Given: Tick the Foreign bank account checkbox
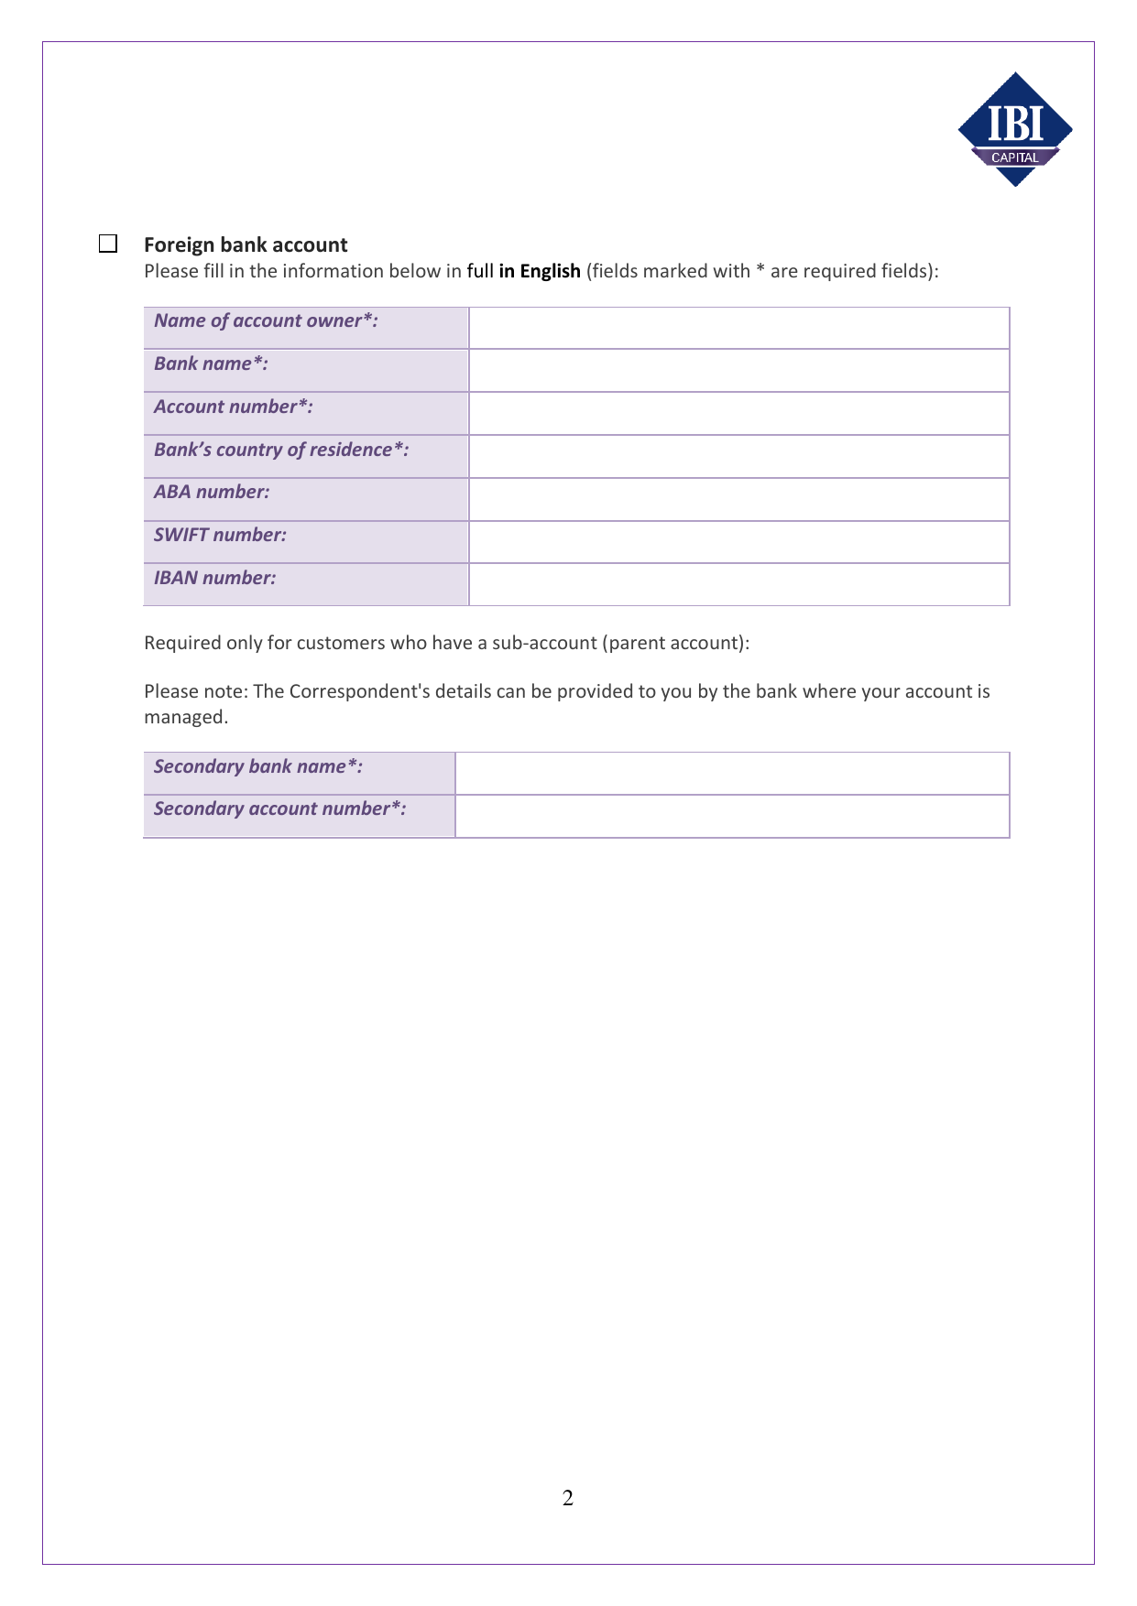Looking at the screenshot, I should tap(108, 244).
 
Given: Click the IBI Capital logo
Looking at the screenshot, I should tap(1015, 129).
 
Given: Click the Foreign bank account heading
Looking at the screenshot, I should tap(246, 244).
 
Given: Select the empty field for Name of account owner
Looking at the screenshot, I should tap(738, 328).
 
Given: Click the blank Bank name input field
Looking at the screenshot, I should tap(738, 371).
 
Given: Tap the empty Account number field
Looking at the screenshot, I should tap(738, 414).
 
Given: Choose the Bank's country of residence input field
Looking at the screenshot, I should tap(738, 456).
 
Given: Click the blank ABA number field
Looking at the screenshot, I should tap(738, 499).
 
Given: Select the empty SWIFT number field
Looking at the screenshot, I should tap(738, 542).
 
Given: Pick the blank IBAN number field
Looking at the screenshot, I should tap(738, 584).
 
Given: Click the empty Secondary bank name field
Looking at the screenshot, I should tap(732, 774).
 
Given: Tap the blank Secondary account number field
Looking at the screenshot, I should tap(732, 816).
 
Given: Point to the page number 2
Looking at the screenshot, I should tap(568, 1498).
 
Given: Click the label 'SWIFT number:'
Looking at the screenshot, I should tap(220, 535).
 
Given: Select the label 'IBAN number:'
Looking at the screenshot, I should tap(214, 578).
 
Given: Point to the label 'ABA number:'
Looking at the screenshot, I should tap(212, 492).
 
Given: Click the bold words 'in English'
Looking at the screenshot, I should tap(540, 271).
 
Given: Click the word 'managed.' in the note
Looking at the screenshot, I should tap(186, 717).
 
